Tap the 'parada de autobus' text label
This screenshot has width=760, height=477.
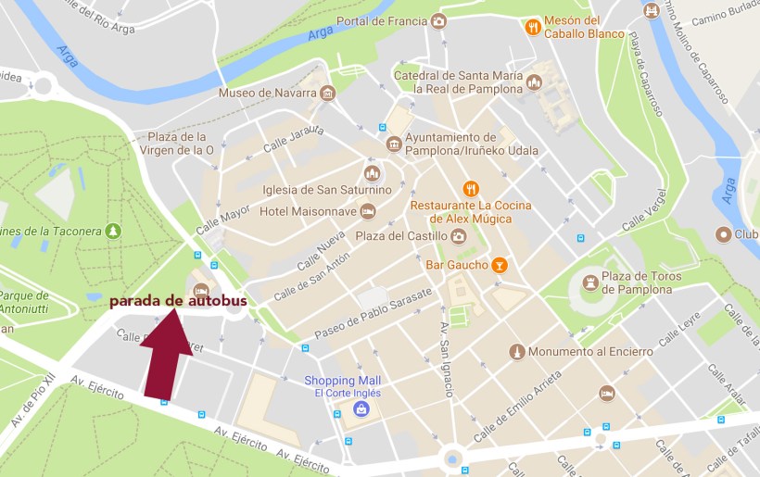click(x=178, y=301)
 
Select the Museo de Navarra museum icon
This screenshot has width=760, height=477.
click(x=327, y=94)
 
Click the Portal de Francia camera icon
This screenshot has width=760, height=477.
click(x=438, y=21)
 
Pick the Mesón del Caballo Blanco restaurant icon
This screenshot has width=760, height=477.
click(x=533, y=27)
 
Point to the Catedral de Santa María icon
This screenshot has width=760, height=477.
click(x=533, y=82)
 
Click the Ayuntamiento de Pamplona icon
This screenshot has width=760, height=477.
click(x=394, y=144)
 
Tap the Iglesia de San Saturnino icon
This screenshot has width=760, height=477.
click(x=372, y=173)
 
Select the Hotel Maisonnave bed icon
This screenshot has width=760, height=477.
click(x=368, y=211)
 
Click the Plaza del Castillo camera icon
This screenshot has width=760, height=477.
click(x=458, y=236)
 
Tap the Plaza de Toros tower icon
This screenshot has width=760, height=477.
click(x=590, y=282)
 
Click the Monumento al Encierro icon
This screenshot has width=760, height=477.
click(x=517, y=352)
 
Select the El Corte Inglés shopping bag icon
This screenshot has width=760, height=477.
click(x=360, y=408)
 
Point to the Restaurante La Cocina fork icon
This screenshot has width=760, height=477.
click(x=471, y=188)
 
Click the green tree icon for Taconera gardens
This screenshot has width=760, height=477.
click(x=113, y=230)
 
